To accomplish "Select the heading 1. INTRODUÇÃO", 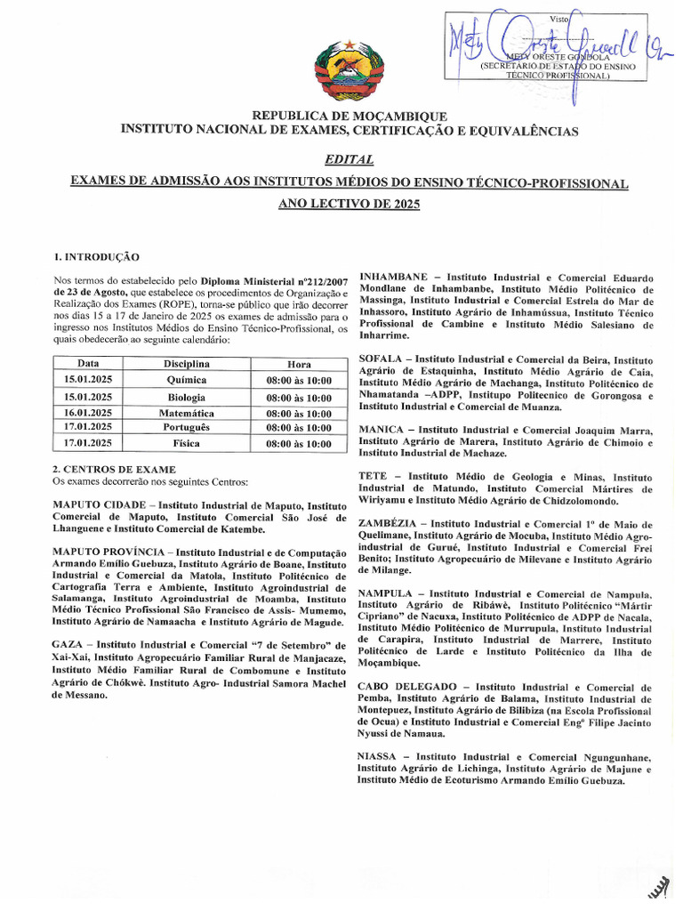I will coord(95,256).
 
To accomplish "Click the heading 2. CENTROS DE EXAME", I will coord(114,469).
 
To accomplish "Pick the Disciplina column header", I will coord(187,364).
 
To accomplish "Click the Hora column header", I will coord(299,364).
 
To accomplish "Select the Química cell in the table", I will coord(187,380).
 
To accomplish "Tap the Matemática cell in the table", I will coord(187,413).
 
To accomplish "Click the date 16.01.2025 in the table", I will coord(88,413).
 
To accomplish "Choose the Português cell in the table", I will coord(187,428).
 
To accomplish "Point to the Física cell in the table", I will coord(187,443).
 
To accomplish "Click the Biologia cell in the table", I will coord(187,397).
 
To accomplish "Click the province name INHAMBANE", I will coord(393,277).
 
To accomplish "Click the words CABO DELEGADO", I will coord(405,688).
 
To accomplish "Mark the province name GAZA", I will coord(68,644).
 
